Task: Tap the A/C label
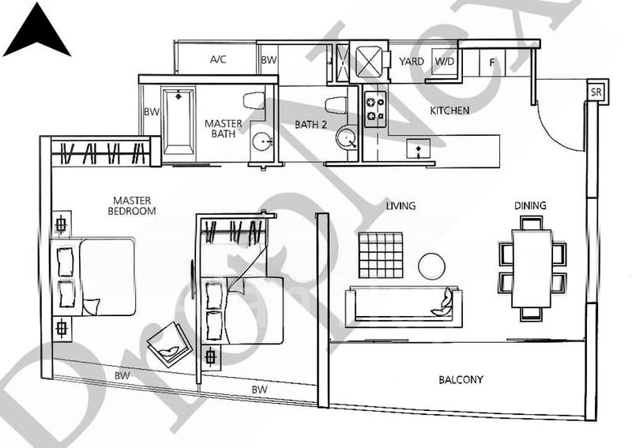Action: click(219, 60)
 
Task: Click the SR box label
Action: click(597, 91)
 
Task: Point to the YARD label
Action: click(411, 61)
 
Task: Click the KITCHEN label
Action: click(450, 111)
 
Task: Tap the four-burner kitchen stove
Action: click(374, 109)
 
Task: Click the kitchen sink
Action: click(417, 148)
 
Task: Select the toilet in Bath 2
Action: click(336, 104)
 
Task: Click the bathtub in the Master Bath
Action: click(179, 119)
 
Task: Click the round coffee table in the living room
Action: click(431, 265)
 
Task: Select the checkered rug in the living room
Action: click(380, 254)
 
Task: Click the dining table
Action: click(532, 267)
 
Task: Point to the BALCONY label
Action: click(461, 380)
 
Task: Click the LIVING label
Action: click(401, 206)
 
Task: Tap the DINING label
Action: click(530, 206)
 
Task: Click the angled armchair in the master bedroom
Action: click(171, 342)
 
